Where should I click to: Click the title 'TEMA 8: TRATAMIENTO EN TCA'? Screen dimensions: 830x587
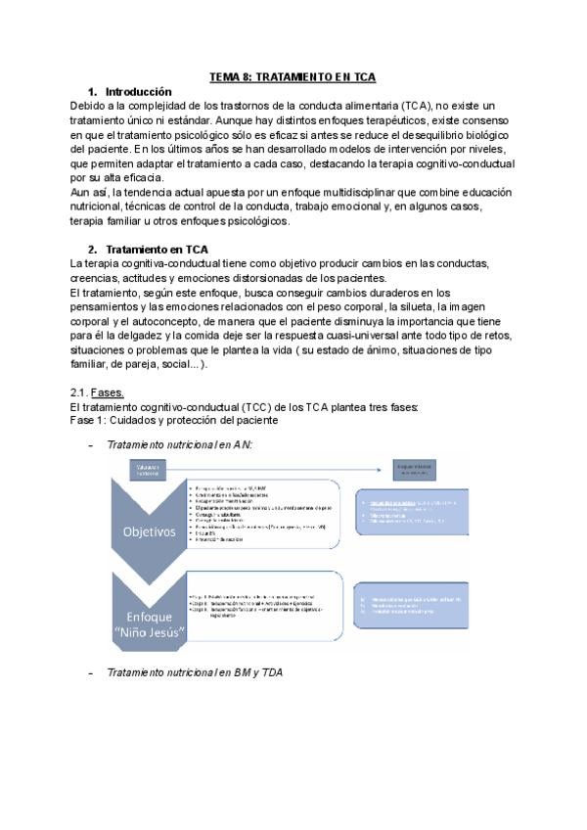click(x=293, y=77)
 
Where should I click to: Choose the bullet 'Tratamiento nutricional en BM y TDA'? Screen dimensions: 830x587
click(x=196, y=673)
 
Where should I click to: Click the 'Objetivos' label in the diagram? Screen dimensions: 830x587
click(x=149, y=532)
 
